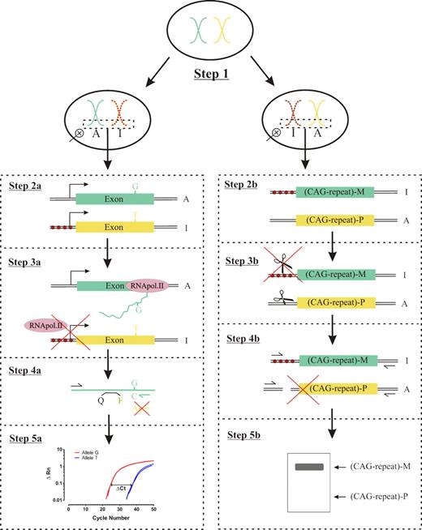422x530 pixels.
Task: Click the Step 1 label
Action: pyautogui.click(x=210, y=75)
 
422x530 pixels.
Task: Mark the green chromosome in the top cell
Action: pyautogui.click(x=196, y=31)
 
